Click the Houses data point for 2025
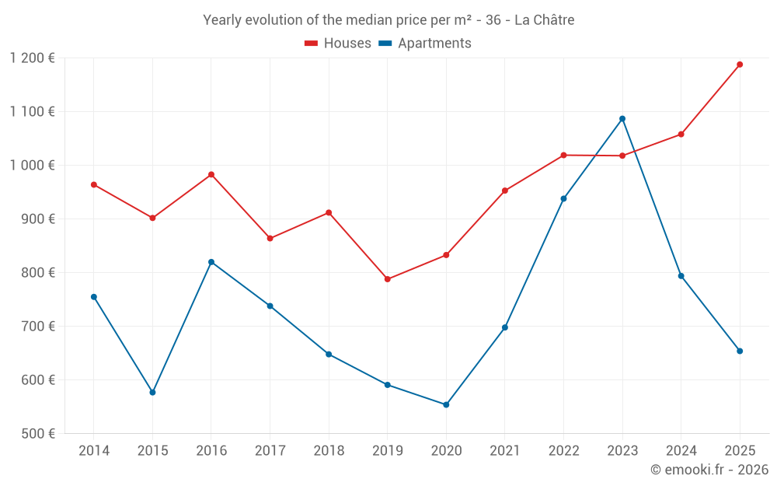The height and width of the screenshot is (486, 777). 740,65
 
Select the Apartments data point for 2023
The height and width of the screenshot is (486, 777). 622,119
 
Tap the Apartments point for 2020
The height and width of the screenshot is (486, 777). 446,404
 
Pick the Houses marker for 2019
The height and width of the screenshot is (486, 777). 387,279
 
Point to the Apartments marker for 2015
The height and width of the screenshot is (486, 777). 152,392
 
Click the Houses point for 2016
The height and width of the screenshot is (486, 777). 211,175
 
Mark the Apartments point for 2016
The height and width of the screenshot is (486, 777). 211,262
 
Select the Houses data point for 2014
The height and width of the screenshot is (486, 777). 94,185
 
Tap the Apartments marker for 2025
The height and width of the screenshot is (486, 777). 740,351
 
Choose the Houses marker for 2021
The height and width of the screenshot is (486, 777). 505,191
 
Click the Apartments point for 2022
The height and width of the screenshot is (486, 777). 563,198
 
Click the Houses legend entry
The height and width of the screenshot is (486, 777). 338,44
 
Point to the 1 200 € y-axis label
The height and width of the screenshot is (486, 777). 32,58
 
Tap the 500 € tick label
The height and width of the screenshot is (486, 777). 37,434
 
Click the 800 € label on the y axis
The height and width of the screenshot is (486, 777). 37,273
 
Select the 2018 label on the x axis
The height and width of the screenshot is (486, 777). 329,451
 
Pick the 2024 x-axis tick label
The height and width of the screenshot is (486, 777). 681,451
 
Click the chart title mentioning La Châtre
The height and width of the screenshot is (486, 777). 388,20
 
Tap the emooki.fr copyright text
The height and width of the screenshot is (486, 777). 709,470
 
